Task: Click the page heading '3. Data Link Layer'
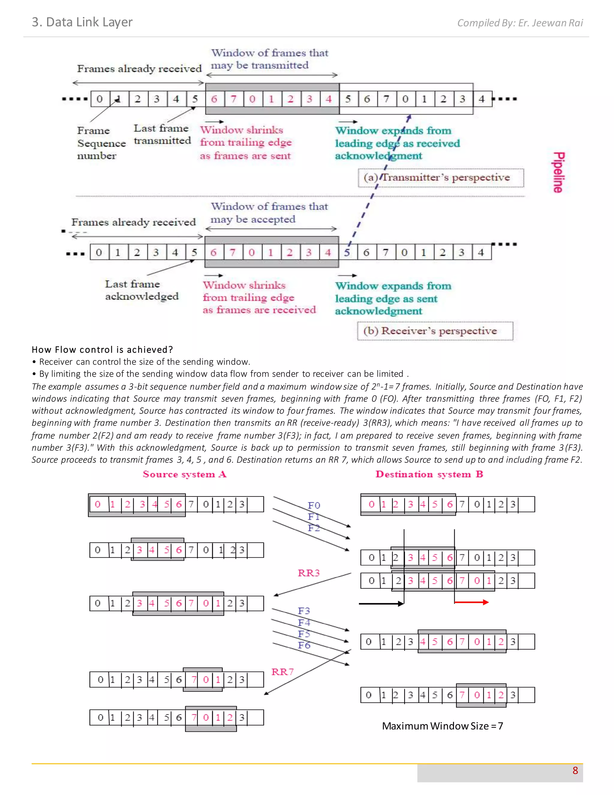[x=82, y=22]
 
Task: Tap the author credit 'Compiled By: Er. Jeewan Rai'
[x=520, y=23]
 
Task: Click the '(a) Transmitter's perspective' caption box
[x=440, y=178]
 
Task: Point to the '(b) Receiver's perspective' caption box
[x=435, y=331]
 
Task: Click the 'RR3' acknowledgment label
[x=308, y=573]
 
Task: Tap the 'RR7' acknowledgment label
[x=282, y=672]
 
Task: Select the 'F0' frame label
[x=314, y=505]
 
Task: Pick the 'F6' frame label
[x=304, y=645]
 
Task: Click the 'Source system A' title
[x=184, y=474]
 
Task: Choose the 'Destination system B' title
[x=429, y=474]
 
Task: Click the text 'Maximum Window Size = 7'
[x=442, y=726]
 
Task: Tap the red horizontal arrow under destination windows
[x=471, y=602]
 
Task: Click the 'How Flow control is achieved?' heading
[x=102, y=349]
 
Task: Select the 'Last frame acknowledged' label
[x=142, y=290]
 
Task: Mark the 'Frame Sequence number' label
[x=101, y=143]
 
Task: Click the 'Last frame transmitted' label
[x=162, y=134]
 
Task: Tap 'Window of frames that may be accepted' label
[x=269, y=213]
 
